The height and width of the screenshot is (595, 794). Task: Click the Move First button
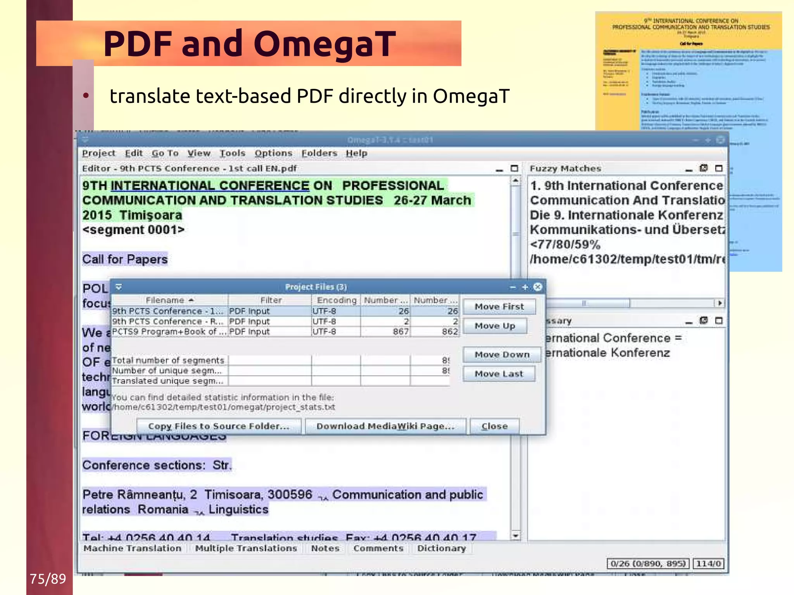499,307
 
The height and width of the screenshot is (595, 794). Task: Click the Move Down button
502,355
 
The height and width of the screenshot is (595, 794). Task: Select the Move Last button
499,374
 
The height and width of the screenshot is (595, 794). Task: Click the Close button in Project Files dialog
494,426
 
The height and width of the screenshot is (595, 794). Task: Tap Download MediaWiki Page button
385,426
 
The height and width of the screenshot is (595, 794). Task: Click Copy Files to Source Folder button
219,426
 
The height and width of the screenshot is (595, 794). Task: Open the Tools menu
232,153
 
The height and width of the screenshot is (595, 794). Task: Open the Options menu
273,153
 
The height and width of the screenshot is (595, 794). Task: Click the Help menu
356,153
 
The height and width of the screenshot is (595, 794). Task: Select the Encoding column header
336,300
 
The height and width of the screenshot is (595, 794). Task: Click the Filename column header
169,300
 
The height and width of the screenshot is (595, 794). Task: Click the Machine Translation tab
132,548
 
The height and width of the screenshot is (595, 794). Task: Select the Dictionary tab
441,548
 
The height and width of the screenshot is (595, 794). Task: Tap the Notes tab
325,548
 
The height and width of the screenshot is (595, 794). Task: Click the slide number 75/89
48,579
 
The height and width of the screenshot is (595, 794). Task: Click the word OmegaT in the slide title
325,44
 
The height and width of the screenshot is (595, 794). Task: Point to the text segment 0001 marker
133,230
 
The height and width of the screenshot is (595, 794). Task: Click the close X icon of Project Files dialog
538,287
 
